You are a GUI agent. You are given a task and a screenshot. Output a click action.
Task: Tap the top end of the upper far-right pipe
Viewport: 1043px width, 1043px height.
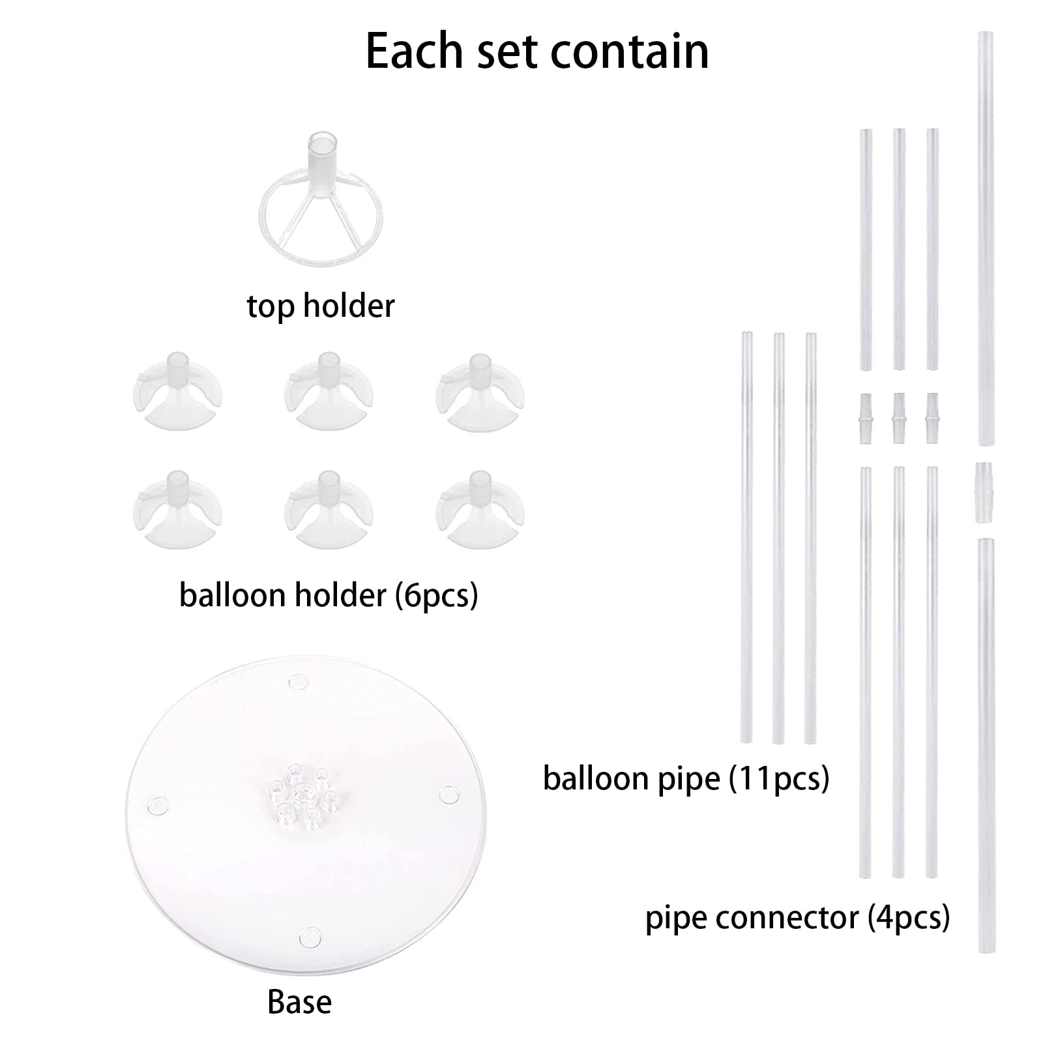(987, 32)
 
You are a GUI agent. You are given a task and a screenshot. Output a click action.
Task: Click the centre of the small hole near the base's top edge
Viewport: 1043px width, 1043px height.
(298, 681)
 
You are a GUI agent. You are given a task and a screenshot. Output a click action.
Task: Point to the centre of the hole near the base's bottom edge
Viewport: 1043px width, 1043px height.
(310, 939)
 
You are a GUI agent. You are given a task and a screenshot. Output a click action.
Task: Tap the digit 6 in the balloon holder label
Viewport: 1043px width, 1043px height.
(412, 596)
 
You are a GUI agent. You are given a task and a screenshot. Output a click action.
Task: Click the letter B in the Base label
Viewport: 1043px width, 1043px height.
(275, 1002)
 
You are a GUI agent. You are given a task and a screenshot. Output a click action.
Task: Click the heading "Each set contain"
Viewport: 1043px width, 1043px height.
(536, 51)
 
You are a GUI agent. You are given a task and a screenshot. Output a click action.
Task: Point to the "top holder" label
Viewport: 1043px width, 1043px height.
(321, 306)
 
